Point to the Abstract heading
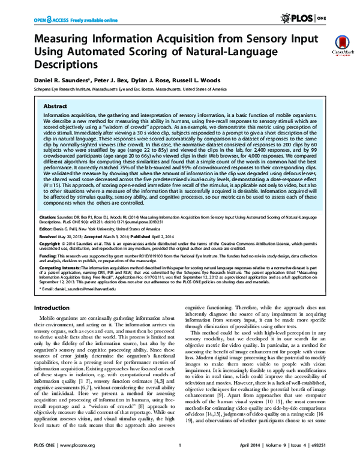click(x=51, y=103)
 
